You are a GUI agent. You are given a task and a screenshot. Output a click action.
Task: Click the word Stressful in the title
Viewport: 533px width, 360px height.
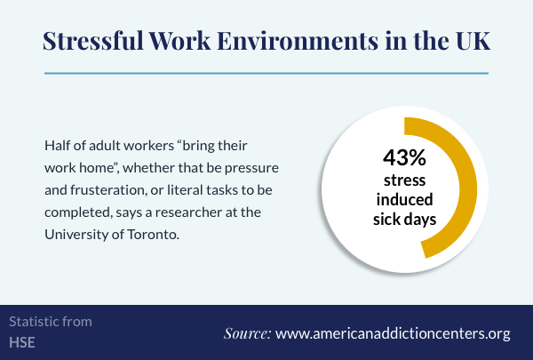click(x=93, y=41)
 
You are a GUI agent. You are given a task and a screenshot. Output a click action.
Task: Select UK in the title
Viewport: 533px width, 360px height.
click(x=473, y=41)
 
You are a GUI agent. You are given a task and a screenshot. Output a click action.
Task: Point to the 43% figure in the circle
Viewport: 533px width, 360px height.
click(x=404, y=157)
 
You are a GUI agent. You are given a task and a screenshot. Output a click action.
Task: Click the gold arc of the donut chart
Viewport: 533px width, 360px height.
click(x=468, y=188)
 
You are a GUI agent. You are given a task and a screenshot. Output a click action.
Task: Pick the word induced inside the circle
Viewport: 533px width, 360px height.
click(x=404, y=199)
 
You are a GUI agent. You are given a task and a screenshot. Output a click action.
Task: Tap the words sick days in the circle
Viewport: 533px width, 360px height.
click(x=404, y=220)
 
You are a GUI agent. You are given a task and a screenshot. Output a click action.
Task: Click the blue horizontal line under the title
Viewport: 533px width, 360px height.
click(x=266, y=73)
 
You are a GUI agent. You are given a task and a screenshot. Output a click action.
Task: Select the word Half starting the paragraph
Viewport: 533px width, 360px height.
click(x=57, y=145)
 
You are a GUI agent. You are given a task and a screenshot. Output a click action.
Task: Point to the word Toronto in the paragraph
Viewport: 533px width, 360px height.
click(x=154, y=235)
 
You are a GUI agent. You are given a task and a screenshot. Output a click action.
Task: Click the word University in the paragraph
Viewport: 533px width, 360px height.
click(x=76, y=235)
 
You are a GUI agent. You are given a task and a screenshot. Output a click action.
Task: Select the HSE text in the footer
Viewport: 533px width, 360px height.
click(x=22, y=342)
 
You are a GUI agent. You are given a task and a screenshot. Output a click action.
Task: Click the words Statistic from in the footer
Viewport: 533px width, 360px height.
click(x=51, y=322)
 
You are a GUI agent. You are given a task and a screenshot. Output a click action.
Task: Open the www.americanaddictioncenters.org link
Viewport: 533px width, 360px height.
click(x=393, y=334)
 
